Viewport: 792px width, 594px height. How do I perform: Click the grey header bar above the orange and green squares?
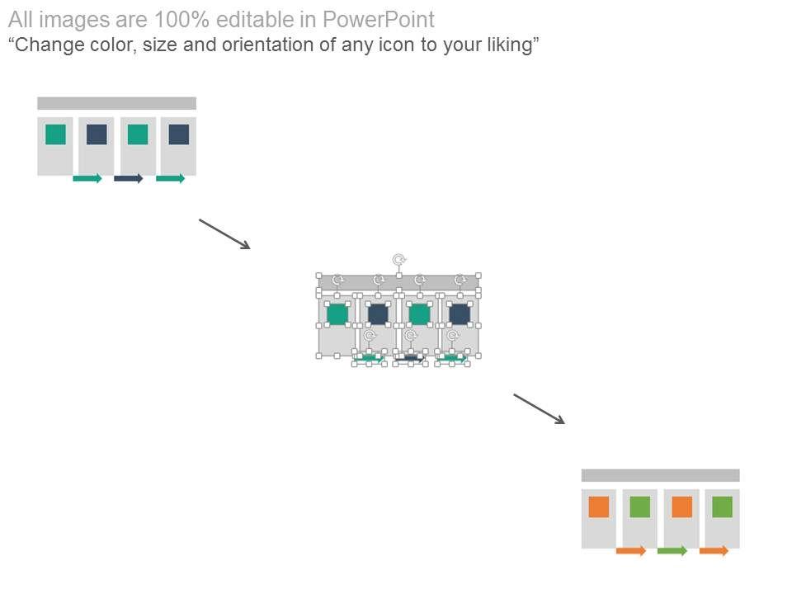pyautogui.click(x=660, y=475)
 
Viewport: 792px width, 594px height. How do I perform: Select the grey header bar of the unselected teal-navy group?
pyautogui.click(x=116, y=103)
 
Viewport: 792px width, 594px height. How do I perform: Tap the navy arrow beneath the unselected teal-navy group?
pyautogui.click(x=128, y=178)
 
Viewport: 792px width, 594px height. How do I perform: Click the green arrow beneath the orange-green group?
pyautogui.click(x=672, y=550)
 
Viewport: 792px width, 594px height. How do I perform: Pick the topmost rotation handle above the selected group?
pyautogui.click(x=398, y=260)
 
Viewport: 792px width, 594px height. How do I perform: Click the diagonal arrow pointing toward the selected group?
pyautogui.click(x=224, y=233)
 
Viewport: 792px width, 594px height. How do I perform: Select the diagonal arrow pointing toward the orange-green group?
pyautogui.click(x=539, y=408)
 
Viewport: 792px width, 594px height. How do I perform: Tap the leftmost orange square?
pyautogui.click(x=599, y=507)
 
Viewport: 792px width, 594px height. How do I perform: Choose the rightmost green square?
pyautogui.click(x=722, y=507)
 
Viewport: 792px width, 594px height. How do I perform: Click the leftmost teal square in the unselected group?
pyautogui.click(x=55, y=134)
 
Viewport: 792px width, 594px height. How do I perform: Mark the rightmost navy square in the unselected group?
pyautogui.click(x=179, y=134)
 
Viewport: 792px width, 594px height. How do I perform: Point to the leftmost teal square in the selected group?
pyautogui.click(x=337, y=313)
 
